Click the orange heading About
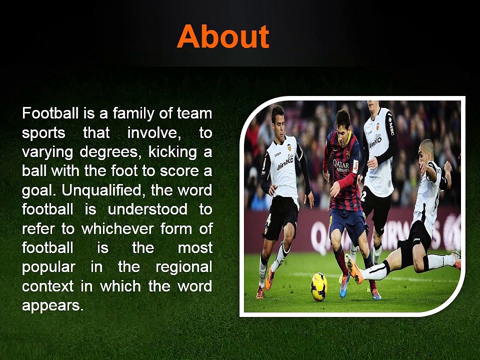[223, 36]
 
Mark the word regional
[183, 267]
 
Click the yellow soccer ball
[319, 286]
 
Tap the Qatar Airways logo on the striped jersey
[341, 165]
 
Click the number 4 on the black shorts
[269, 218]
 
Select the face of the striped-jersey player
[343, 125]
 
